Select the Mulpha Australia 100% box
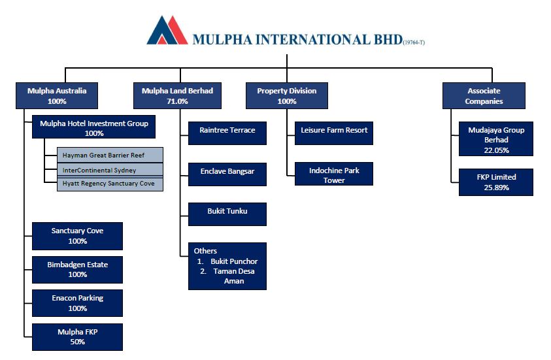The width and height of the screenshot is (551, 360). (x=57, y=95)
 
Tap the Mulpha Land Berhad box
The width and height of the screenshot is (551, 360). (x=177, y=95)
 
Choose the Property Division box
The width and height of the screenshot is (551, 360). (x=286, y=95)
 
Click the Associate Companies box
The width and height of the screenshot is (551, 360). (x=484, y=95)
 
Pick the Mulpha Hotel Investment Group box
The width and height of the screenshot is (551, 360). (x=93, y=127)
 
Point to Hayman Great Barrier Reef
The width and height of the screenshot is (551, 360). (x=110, y=155)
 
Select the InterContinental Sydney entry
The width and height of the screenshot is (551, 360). (x=110, y=170)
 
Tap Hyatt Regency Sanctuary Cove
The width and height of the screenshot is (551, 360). (x=110, y=184)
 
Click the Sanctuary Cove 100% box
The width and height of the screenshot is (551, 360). (x=77, y=236)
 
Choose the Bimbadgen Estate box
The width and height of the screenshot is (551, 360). (x=77, y=269)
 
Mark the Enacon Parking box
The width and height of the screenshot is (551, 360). (x=77, y=303)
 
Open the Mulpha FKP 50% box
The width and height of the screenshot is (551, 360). (x=77, y=336)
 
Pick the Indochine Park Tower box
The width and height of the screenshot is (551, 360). (x=334, y=175)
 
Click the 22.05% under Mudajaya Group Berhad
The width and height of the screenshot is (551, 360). (x=495, y=150)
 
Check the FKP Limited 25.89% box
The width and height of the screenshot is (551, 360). (x=495, y=182)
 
